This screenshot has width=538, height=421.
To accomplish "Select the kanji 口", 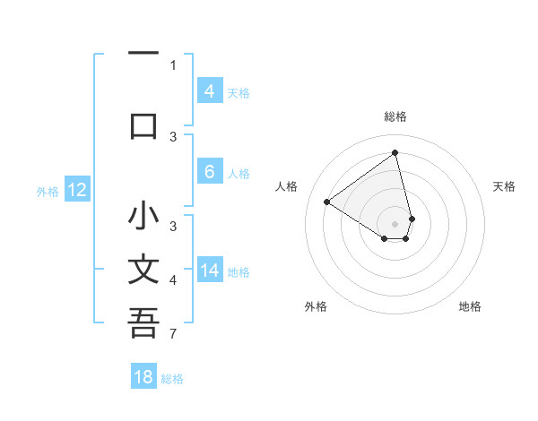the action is click(x=143, y=125).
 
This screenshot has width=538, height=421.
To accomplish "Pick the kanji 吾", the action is click(x=143, y=323).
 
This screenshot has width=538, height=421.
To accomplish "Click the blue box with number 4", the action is click(x=209, y=91).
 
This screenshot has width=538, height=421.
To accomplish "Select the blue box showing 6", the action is click(x=209, y=173).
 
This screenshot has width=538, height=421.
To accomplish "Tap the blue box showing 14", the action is click(x=209, y=271).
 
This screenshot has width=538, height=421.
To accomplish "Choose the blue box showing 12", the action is click(x=76, y=190).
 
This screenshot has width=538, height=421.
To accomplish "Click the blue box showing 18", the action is click(x=143, y=377).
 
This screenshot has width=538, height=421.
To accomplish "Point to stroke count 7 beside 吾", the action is click(x=173, y=335).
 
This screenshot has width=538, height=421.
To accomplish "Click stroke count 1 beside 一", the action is click(x=173, y=64).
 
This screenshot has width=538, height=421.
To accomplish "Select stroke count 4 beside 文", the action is click(x=173, y=280).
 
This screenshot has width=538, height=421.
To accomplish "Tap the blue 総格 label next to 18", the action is click(x=172, y=379).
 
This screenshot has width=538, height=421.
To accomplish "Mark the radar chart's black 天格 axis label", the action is click(x=504, y=186).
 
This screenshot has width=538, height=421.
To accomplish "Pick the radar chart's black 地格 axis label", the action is click(x=470, y=306).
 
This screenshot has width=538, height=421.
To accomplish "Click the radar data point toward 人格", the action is click(x=327, y=202).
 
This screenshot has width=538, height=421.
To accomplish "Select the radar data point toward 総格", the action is click(x=395, y=152).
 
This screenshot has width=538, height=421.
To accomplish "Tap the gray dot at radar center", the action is click(x=395, y=223).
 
